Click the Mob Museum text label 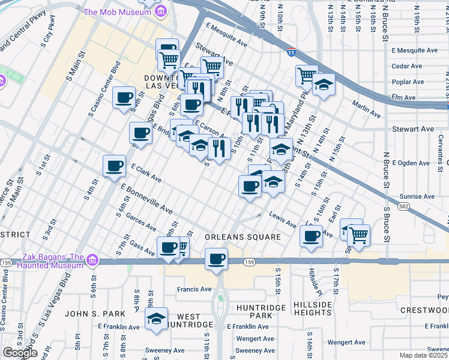click(117, 12)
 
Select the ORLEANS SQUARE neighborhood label click(243, 237)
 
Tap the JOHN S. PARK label click(95, 314)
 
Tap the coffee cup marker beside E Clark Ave click(114, 166)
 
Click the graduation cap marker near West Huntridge click(157, 319)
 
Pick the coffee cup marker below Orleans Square click(216, 259)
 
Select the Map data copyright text click(424, 355)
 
